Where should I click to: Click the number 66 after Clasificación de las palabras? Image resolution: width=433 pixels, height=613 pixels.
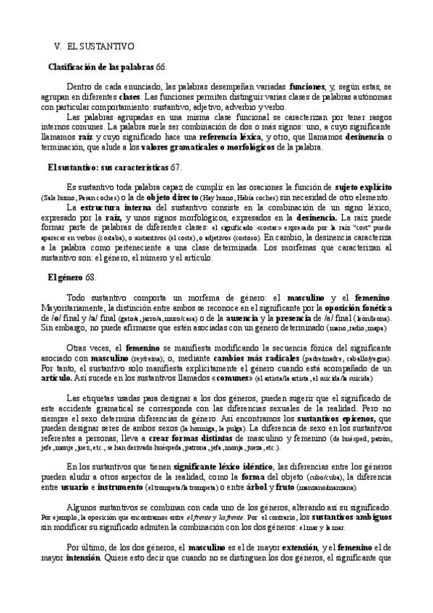pyautogui.click(x=160, y=66)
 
